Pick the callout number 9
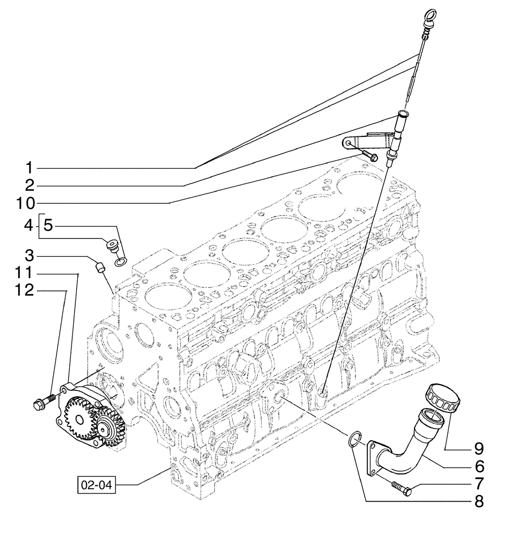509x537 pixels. click(477, 448)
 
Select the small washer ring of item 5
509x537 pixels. click(121, 262)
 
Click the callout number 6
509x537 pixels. click(477, 466)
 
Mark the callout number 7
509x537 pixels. click(477, 483)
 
